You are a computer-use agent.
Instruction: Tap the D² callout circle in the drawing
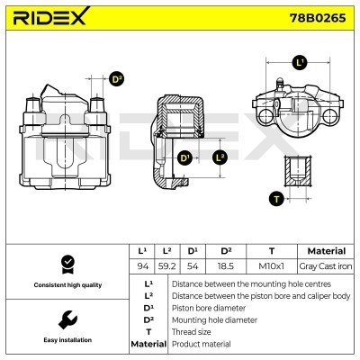[116, 79]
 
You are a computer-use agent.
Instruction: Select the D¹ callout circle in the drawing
[186, 158]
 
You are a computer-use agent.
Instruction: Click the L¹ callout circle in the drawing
[300, 62]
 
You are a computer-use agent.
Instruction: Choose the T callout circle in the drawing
[276, 199]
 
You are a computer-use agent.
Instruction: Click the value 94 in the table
[141, 265]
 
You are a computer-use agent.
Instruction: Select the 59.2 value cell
[166, 265]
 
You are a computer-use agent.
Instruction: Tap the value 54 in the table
[192, 265]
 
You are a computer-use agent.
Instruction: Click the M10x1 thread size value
[271, 265]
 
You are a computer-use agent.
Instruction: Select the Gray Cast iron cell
[325, 265]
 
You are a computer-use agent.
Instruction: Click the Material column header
[325, 251]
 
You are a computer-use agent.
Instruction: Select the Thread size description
[193, 332]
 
